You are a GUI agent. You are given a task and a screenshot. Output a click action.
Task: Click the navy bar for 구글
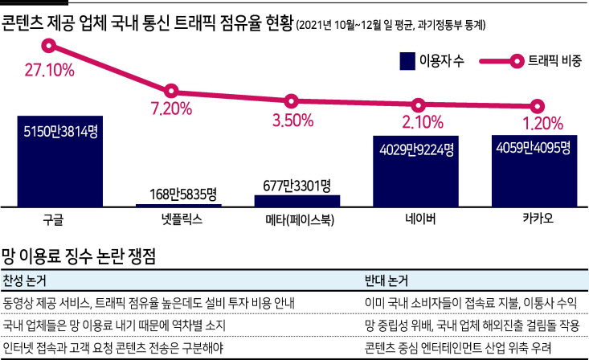60,162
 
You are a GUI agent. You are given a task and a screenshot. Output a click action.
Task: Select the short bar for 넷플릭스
178,205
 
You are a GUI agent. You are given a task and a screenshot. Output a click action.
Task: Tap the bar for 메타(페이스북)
297,201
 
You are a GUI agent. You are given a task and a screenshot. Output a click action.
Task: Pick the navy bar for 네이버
415,171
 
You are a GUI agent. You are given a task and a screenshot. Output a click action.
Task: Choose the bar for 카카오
534,170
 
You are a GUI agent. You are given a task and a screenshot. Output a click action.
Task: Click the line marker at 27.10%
49,46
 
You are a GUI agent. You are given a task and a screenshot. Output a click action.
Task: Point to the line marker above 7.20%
171,91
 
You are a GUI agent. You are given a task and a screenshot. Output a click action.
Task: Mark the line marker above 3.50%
291,101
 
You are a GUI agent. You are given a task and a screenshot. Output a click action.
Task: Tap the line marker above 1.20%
537,106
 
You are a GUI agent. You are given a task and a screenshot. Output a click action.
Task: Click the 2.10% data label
423,122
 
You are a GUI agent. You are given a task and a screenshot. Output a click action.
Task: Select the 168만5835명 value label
183,194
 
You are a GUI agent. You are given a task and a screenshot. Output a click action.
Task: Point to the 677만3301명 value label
297,186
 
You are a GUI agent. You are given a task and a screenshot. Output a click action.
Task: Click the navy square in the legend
407,61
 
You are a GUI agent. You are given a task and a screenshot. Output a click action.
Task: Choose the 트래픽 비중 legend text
554,60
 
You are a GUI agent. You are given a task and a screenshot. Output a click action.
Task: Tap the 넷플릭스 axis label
182,219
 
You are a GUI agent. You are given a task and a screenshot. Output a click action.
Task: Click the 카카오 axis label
538,219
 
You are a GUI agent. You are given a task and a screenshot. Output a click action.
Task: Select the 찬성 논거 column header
24,280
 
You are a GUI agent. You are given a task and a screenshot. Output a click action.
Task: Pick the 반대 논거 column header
387,280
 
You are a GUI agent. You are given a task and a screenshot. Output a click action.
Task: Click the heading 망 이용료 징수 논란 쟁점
79,256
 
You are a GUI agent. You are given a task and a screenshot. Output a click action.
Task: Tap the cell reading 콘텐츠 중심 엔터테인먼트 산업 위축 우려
458,348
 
